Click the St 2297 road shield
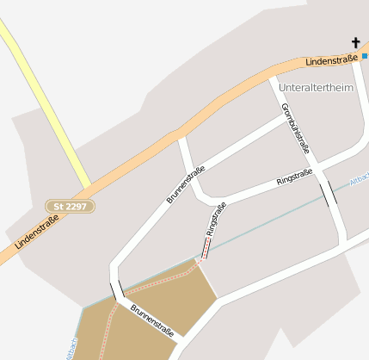pos(70,207)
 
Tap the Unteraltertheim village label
pos(316,88)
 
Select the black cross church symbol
pos(355,42)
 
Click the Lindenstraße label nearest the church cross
pos(330,59)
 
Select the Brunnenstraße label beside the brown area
pos(152,320)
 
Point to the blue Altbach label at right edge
pos(360,180)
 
